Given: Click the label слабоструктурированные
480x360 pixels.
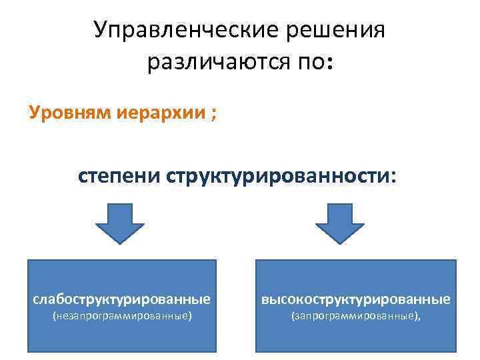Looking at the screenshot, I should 122,298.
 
